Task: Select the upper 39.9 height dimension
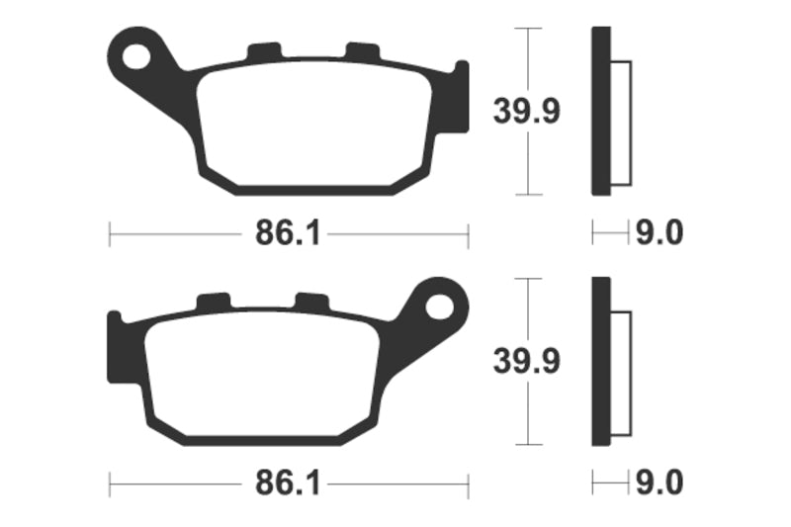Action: point(526,112)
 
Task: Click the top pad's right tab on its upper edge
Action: point(361,51)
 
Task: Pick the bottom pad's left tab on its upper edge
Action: point(213,301)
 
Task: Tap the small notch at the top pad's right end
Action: point(460,69)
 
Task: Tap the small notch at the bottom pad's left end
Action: point(114,318)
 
